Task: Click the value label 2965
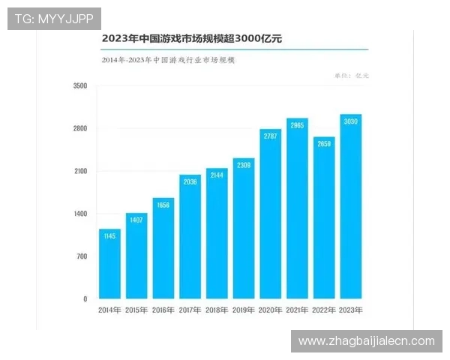coord(297,125)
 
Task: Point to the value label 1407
coord(136,220)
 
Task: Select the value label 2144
coord(217,175)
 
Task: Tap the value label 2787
coord(270,136)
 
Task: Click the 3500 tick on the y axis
coord(80,86)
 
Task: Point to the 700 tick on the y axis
coord(82,256)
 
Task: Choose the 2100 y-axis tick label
coord(80,172)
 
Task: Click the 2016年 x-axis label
coord(163,309)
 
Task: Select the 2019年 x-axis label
coord(243,309)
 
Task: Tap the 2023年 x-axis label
coord(350,309)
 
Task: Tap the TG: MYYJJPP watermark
coord(53,18)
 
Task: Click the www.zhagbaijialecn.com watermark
coord(366,341)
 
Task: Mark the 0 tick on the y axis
coord(85,299)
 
